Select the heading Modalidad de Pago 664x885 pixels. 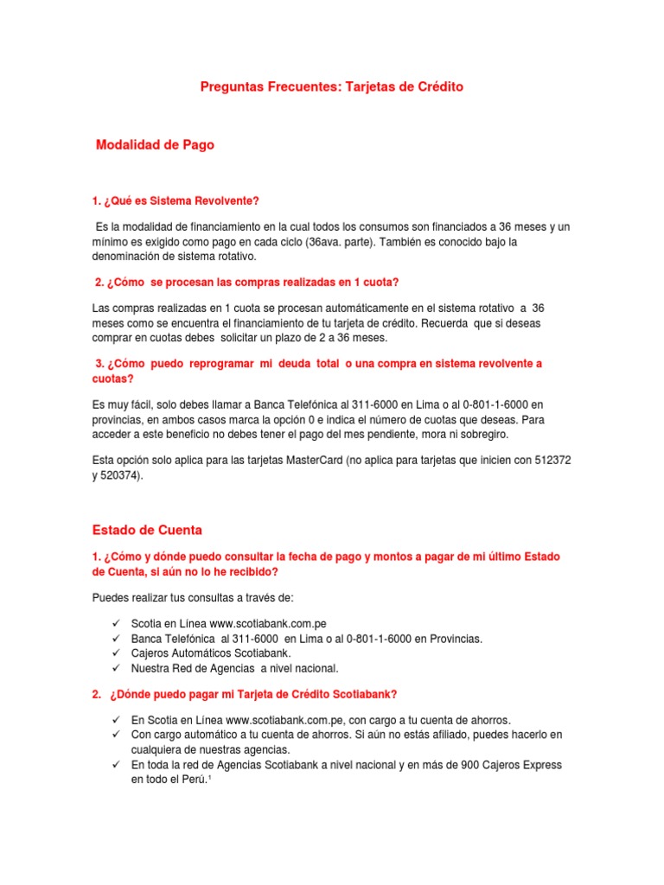coord(155,146)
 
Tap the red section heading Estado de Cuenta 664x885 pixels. coord(147,530)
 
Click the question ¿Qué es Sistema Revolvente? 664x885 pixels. coord(176,201)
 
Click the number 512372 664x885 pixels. coord(553,462)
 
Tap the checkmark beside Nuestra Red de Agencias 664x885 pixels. coord(116,668)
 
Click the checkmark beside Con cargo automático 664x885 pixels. coord(116,735)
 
